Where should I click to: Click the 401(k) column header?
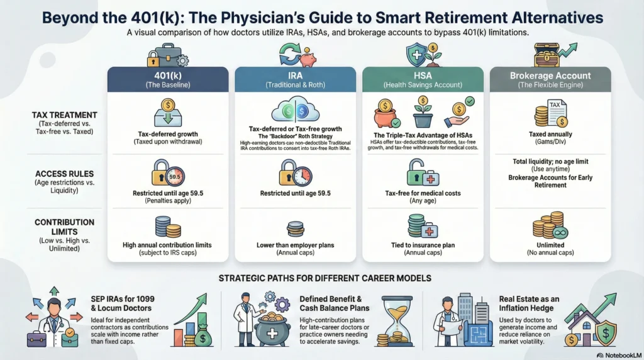click(x=168, y=79)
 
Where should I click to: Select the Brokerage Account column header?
click(x=550, y=79)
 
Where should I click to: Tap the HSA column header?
click(x=423, y=79)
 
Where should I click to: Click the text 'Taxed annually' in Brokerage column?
click(x=550, y=134)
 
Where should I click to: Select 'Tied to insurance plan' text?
click(x=423, y=245)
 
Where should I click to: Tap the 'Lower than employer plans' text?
click(x=296, y=245)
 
